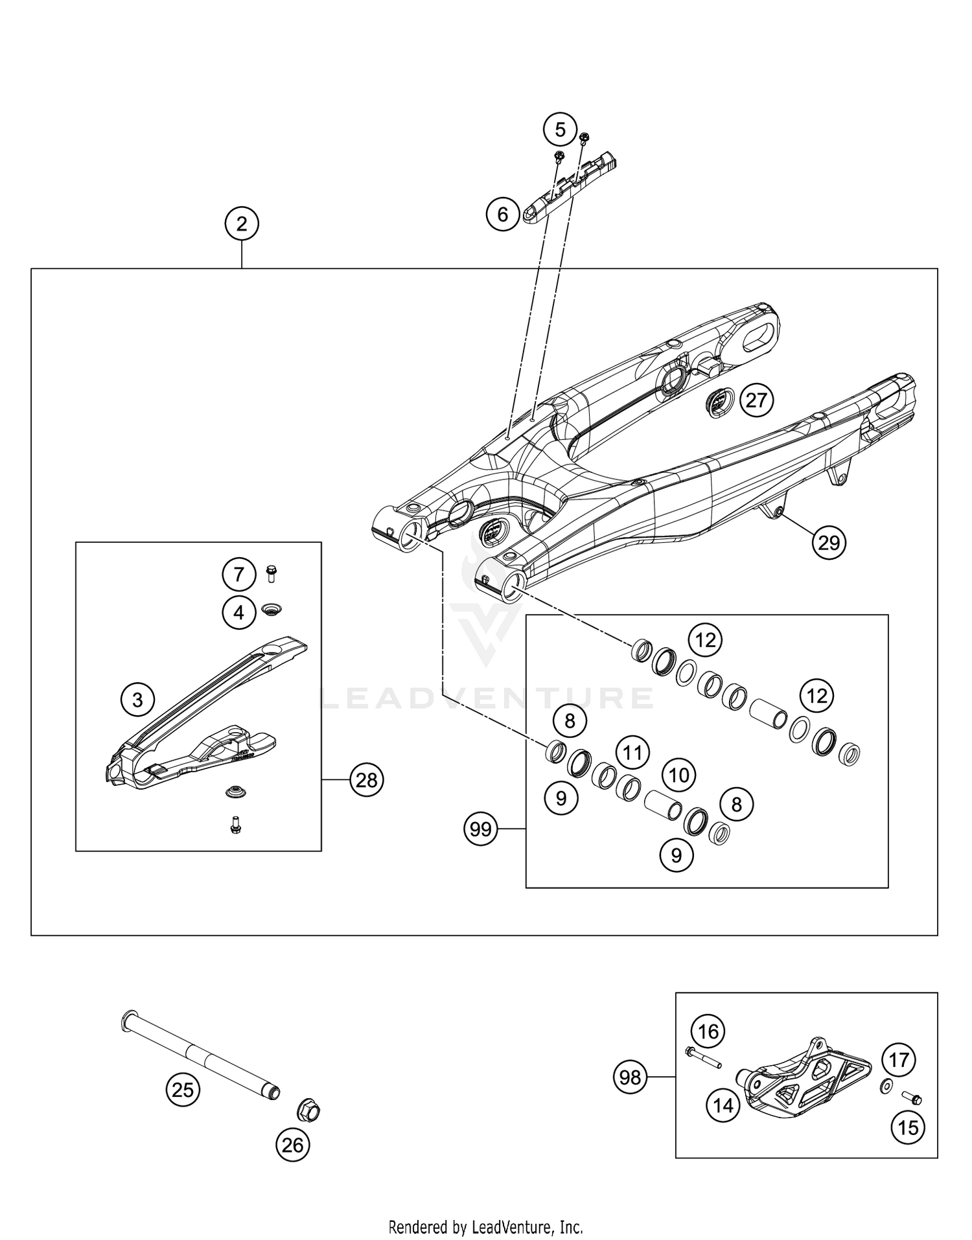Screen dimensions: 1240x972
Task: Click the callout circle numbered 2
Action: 242,224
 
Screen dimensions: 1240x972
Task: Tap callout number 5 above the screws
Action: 560,130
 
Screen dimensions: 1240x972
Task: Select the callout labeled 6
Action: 503,214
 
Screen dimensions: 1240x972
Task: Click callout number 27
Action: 756,400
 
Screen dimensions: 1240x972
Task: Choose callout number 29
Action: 829,542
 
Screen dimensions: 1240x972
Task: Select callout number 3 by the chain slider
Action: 137,700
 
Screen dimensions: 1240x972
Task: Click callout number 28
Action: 367,780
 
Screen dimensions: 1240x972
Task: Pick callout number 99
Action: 481,829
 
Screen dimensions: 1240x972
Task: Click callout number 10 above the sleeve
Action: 678,775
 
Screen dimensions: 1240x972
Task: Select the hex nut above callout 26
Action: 308,1112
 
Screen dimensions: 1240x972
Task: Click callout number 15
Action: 908,1128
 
